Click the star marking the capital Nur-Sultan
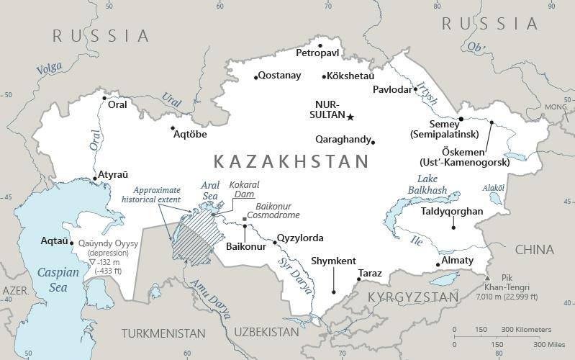click(x=350, y=117)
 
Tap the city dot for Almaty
click(x=438, y=265)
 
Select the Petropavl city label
click(x=318, y=53)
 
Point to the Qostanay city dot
click(x=255, y=77)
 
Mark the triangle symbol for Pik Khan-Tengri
click(x=488, y=278)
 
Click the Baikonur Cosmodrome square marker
click(x=245, y=219)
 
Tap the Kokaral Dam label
click(x=244, y=189)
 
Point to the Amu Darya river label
click(x=211, y=298)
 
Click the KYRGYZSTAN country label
click(x=412, y=297)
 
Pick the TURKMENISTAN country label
click(x=163, y=333)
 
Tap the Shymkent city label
click(x=333, y=261)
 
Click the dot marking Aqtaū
click(x=71, y=243)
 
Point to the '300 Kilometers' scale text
click(x=527, y=329)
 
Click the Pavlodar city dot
click(x=416, y=89)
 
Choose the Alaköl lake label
click(x=493, y=187)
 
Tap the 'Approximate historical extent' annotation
click(x=151, y=194)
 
